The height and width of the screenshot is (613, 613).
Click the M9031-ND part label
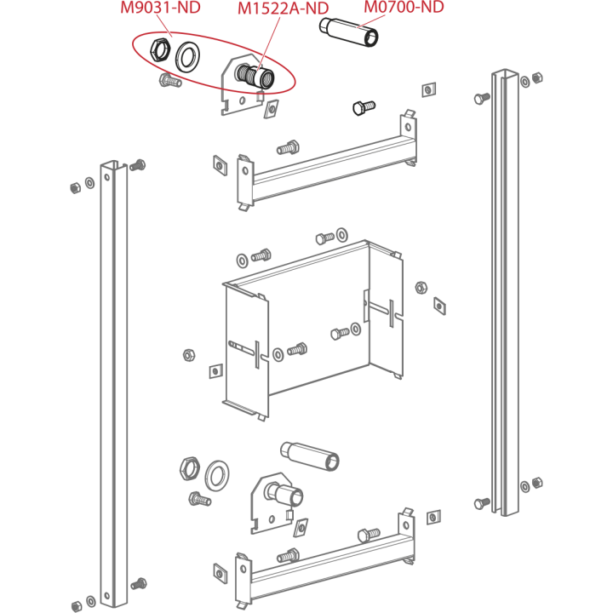160,8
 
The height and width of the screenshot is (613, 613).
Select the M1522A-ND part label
283,9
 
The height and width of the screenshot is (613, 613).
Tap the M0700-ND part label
404,7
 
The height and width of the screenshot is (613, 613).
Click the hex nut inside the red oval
160,49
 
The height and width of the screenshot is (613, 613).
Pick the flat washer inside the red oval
187,57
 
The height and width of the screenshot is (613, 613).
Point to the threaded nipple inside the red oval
255,77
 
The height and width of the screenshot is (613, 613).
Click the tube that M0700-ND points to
349,32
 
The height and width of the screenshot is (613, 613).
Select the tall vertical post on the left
114,383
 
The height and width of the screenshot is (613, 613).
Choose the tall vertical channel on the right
505,292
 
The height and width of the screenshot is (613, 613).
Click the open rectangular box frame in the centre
312,329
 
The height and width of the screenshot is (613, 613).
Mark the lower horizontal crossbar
325,560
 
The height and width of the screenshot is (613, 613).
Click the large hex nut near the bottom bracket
190,468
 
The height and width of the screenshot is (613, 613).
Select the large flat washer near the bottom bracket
217,476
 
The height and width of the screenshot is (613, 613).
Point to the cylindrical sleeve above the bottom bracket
310,456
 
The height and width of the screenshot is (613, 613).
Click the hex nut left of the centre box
189,355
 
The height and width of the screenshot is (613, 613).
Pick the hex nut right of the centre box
421,288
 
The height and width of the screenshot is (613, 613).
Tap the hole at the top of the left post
107,177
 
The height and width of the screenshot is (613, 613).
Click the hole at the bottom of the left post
107,597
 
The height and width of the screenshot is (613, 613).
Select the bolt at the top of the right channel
482,98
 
